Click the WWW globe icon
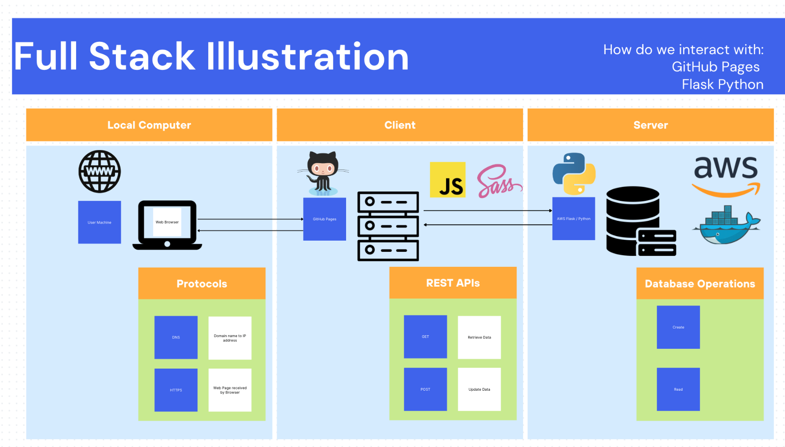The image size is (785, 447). click(100, 171)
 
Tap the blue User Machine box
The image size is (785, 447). click(100, 222)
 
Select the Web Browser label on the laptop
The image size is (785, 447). click(167, 222)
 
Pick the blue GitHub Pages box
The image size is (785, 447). click(324, 219)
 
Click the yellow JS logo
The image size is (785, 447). click(447, 180)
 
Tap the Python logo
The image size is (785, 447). click(574, 174)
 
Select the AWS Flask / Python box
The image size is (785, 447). click(574, 219)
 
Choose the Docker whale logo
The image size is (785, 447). click(726, 225)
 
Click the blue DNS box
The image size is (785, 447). click(176, 338)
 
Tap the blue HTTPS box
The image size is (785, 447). click(176, 390)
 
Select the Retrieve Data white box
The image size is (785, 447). click(479, 338)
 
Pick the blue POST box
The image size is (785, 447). click(425, 389)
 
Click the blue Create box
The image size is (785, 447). click(678, 327)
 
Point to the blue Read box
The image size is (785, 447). click(678, 389)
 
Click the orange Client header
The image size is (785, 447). click(400, 125)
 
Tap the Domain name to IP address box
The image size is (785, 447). click(230, 338)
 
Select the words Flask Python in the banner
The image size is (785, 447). click(722, 84)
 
